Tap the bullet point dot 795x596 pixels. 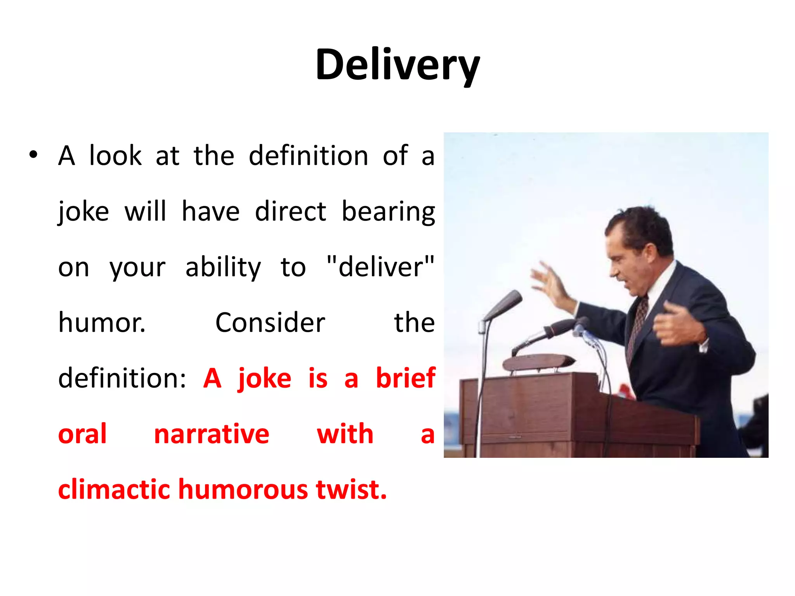33,155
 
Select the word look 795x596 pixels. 115,156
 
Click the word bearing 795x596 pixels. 388,212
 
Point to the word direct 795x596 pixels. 290,212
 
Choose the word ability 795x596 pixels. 223,268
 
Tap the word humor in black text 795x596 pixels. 102,323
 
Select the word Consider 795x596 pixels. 270,323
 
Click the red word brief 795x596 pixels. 405,378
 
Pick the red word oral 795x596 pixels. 82,434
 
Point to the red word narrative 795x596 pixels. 212,434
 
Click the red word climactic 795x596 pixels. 114,489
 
